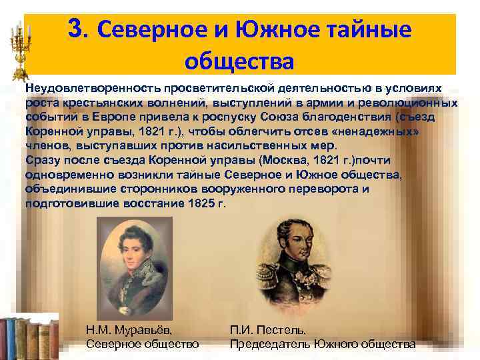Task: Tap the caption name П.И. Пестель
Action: [x=268, y=330]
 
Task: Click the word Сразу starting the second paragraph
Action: [x=43, y=161]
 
